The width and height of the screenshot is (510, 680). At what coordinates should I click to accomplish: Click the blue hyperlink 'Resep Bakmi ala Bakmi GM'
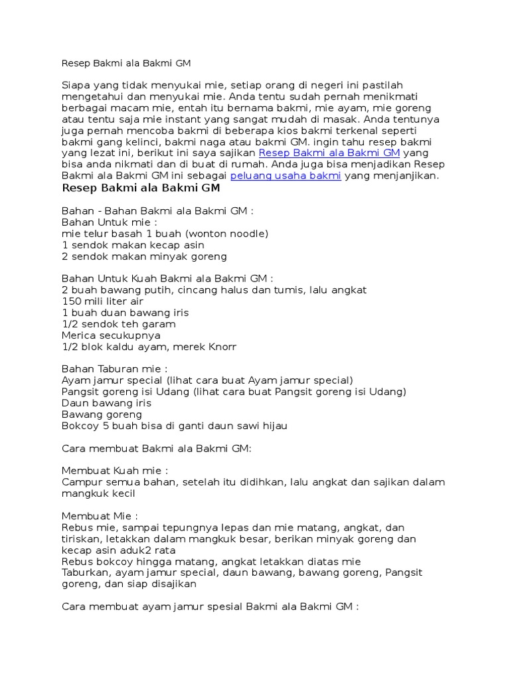[x=329, y=153]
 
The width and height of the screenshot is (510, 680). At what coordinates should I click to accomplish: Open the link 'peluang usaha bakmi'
[x=286, y=176]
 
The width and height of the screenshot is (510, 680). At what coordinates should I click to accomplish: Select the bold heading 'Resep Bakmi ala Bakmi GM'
[x=141, y=189]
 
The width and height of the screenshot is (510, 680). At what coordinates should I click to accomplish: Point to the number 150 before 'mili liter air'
[x=71, y=301]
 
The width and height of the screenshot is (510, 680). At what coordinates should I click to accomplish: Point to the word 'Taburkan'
[x=84, y=572]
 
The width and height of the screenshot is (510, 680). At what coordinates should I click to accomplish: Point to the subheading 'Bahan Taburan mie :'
[x=115, y=369]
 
